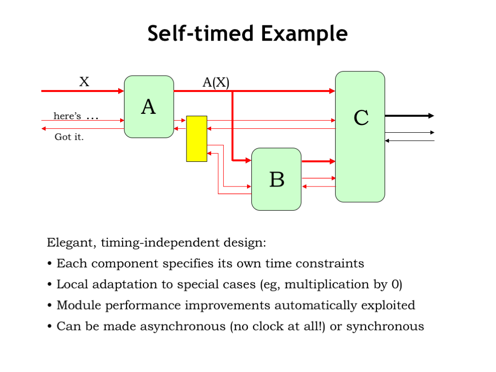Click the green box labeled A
[149, 107]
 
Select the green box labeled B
[276, 179]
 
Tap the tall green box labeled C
[360, 137]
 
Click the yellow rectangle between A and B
[197, 139]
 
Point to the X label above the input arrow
[84, 82]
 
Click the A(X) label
[216, 82]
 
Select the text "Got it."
[69, 137]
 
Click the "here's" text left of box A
[67, 116]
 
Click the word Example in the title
[304, 34]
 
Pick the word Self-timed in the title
[201, 34]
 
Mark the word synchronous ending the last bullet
[385, 326]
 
